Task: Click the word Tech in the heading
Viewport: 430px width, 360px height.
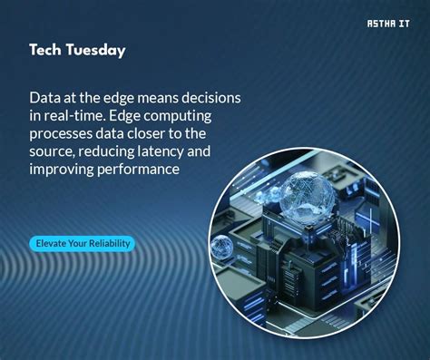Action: coord(45,50)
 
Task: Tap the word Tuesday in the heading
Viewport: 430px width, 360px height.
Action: coord(95,51)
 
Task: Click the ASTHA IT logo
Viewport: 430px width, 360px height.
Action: coord(386,24)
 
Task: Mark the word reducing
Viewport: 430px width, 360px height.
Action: coord(116,151)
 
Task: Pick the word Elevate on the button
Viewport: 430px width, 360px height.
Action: coord(53,243)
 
